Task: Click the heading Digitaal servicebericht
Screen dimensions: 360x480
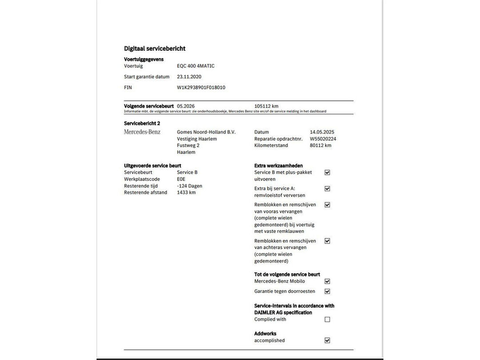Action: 155,48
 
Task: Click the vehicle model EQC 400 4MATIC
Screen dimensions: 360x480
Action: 196,66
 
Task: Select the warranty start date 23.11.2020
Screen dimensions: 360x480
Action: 189,76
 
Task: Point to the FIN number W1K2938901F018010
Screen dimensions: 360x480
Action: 201,88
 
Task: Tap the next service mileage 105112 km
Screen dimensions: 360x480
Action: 266,106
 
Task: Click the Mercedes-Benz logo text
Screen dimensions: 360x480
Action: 142,132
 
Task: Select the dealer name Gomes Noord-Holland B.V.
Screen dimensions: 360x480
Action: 206,132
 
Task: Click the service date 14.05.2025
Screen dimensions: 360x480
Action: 322,132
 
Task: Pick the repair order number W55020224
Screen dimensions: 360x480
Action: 323,139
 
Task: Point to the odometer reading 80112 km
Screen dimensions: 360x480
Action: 320,145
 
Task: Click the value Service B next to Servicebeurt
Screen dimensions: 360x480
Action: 187,172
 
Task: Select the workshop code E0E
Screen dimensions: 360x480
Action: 181,179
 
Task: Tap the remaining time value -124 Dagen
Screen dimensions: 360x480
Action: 189,186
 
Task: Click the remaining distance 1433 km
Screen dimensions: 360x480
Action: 186,192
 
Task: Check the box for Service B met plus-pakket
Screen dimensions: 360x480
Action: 328,172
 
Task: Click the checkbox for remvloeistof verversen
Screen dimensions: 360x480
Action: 328,188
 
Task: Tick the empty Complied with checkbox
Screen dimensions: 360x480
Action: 328,319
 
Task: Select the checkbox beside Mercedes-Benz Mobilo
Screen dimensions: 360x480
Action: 328,281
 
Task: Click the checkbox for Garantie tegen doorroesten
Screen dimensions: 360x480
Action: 328,292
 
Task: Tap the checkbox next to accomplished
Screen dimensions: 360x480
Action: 328,340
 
